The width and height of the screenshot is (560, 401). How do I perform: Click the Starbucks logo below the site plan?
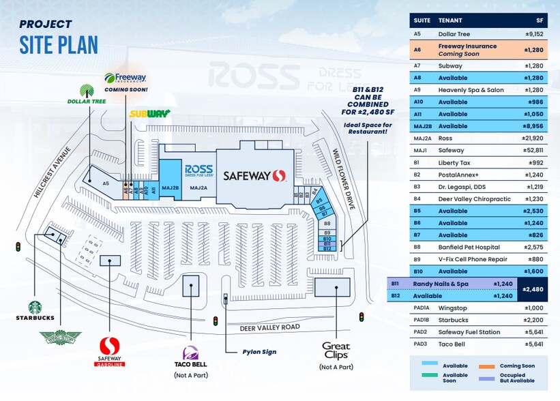40,310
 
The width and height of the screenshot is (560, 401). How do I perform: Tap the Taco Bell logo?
190,355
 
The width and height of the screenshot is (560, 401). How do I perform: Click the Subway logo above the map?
149,113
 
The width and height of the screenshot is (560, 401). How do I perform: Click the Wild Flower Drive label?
345,180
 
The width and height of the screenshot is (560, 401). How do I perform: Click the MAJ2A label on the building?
198,188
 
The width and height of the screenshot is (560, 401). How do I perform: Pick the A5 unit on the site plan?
106,183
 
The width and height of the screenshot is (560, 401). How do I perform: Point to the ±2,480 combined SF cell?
536,289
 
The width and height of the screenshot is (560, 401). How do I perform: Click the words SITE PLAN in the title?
59,45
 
